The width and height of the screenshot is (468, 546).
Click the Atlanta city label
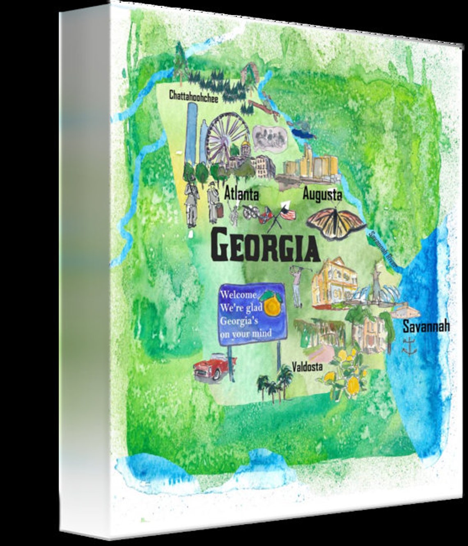pyautogui.click(x=242, y=193)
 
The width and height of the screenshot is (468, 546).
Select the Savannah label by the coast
pyautogui.click(x=426, y=326)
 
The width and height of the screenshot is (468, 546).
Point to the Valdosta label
pyautogui.click(x=307, y=367)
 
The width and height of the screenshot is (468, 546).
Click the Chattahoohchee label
pyautogui.click(x=194, y=96)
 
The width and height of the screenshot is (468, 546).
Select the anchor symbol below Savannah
pyautogui.click(x=408, y=346)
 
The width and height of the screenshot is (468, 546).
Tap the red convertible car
pyautogui.click(x=213, y=367)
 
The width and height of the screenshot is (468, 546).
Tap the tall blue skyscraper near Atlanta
pyautogui.click(x=191, y=131)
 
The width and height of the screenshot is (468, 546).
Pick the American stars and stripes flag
pyautogui.click(x=288, y=213)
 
